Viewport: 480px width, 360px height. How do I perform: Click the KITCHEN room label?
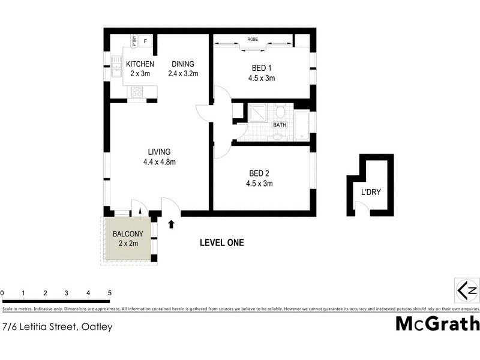[x=140, y=64]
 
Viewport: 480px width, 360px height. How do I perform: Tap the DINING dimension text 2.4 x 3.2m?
[x=183, y=74]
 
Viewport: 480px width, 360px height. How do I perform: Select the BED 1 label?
[x=262, y=68]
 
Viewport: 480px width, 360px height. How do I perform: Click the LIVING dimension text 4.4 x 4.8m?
[x=158, y=161]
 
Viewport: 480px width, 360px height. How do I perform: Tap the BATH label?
[x=280, y=125]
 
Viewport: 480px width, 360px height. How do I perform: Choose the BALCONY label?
[x=128, y=234]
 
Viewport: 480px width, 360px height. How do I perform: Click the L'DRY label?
[x=371, y=193]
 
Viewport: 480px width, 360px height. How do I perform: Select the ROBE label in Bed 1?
[x=253, y=40]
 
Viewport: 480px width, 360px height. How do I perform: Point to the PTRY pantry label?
[x=134, y=41]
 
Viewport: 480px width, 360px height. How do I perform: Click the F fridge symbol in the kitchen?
[x=145, y=41]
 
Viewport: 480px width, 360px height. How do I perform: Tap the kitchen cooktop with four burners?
[x=137, y=92]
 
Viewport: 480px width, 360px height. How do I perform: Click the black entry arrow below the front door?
[x=172, y=224]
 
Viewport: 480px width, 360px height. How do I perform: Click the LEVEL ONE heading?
[x=221, y=242]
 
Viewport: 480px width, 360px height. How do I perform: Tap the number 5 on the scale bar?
[x=110, y=293]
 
